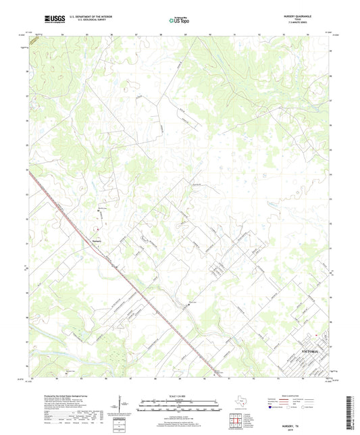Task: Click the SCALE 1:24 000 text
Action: [x=180, y=395]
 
